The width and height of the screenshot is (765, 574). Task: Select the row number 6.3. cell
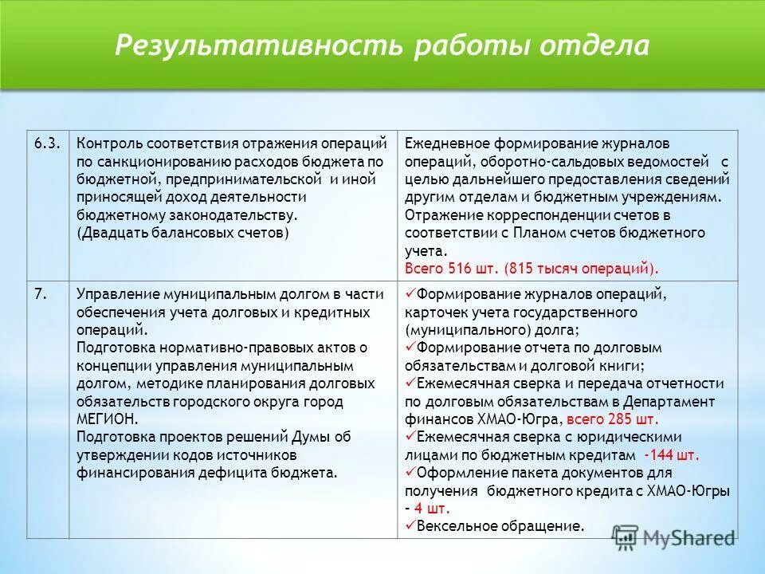[45, 143]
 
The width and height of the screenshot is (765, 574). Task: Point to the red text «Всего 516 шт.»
[449, 268]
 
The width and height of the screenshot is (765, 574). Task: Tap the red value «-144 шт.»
[672, 455]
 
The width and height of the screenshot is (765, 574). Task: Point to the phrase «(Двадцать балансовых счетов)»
[182, 233]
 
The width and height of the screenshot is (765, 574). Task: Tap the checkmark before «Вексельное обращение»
[410, 525]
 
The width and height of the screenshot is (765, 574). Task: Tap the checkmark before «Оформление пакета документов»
[410, 472]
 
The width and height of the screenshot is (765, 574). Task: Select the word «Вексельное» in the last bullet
[453, 525]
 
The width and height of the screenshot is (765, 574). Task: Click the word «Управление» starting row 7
[116, 293]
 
